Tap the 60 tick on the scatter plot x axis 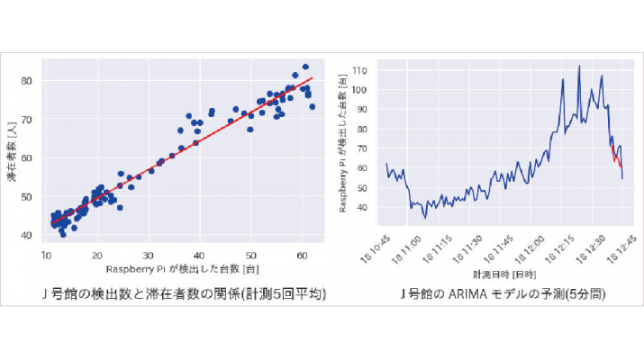click(302, 255)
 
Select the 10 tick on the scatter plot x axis click(46, 255)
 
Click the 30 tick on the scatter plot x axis click(148, 255)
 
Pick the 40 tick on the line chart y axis click(362, 207)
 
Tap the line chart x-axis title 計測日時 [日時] click(505, 274)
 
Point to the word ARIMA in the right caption click(486, 293)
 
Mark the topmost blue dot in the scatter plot click(305, 67)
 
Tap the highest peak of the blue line click(579, 66)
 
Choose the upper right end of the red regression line click(312, 77)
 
